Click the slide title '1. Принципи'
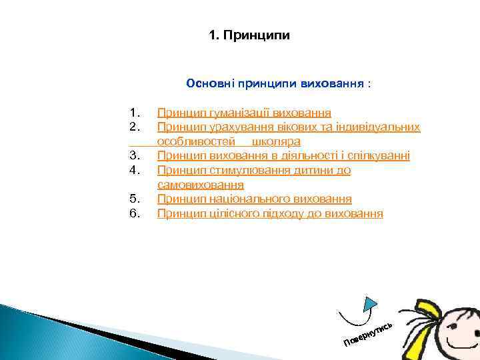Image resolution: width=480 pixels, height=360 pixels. click(249, 35)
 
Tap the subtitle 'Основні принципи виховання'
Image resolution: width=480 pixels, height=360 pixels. click(275, 84)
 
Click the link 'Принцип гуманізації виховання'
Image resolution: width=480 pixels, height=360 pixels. click(244, 113)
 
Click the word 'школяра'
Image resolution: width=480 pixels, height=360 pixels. click(276, 141)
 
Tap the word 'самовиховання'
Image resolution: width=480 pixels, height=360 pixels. click(200, 185)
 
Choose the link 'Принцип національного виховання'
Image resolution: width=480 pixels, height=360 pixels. click(254, 199)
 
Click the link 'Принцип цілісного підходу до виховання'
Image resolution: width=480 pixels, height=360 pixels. click(270, 214)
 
